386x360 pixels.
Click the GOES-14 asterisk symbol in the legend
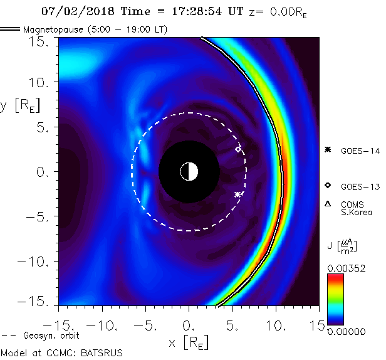[327, 150]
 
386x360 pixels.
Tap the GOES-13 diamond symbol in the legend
[327, 186]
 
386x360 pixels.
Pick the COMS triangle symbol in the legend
[327, 204]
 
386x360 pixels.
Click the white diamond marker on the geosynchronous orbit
[237, 149]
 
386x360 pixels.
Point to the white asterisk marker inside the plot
[237, 194]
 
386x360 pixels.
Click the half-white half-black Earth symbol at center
[189, 171]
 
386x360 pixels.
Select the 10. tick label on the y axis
[41, 82]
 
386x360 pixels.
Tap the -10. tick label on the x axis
[100, 326]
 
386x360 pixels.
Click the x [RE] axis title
[189, 342]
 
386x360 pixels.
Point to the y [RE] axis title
[19, 105]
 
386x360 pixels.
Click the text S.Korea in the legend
[356, 213]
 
